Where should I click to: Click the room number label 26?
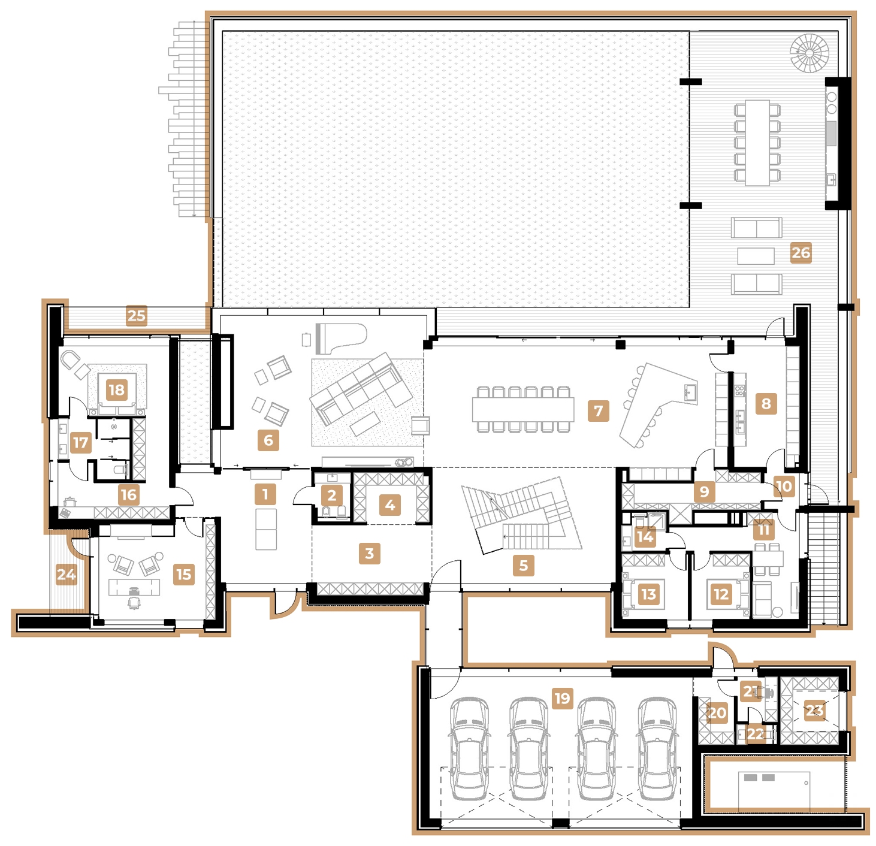[x=801, y=252]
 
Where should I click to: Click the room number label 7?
[x=598, y=411]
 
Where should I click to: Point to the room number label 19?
[x=562, y=698]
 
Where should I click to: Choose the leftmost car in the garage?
[x=470, y=748]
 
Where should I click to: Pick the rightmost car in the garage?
[x=658, y=748]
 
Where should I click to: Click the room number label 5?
[x=523, y=565]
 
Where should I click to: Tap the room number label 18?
[x=116, y=390]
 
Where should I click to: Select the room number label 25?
[x=136, y=316]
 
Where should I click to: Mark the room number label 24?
[x=66, y=575]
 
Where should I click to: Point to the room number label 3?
[x=370, y=553]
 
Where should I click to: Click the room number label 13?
[x=648, y=594]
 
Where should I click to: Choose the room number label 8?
[x=766, y=403]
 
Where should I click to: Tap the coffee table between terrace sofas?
[x=756, y=256]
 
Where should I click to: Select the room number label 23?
[x=814, y=711]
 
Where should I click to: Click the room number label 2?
[x=331, y=495]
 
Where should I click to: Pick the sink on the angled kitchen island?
[x=690, y=392]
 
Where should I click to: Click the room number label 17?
[x=80, y=443]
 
